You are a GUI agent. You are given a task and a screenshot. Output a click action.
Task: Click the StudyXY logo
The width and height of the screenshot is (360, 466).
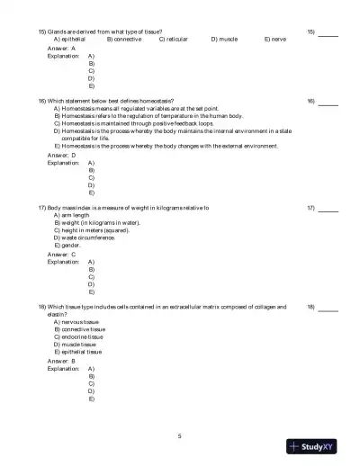click(x=319, y=446)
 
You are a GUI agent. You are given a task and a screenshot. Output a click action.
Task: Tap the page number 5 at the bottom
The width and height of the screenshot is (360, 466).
click(x=180, y=435)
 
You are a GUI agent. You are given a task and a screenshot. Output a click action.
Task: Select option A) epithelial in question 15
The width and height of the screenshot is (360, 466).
click(x=69, y=40)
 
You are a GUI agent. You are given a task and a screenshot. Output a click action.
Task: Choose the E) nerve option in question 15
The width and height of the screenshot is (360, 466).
click(x=275, y=40)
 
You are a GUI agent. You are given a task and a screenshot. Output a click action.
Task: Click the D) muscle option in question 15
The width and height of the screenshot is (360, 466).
click(x=224, y=40)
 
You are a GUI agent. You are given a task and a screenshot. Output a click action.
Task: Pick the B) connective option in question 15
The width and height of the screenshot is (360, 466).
click(x=123, y=40)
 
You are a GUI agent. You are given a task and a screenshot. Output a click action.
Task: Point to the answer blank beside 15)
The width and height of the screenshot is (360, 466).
click(x=328, y=33)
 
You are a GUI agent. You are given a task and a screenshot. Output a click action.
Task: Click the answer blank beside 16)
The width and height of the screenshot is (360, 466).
click(x=328, y=103)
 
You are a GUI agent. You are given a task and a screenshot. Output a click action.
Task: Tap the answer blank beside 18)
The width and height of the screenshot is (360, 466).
click(x=328, y=309)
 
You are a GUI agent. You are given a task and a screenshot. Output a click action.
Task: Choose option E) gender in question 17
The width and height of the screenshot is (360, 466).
click(x=67, y=245)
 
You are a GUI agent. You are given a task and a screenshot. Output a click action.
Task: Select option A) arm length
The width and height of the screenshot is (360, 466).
click(x=72, y=216)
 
